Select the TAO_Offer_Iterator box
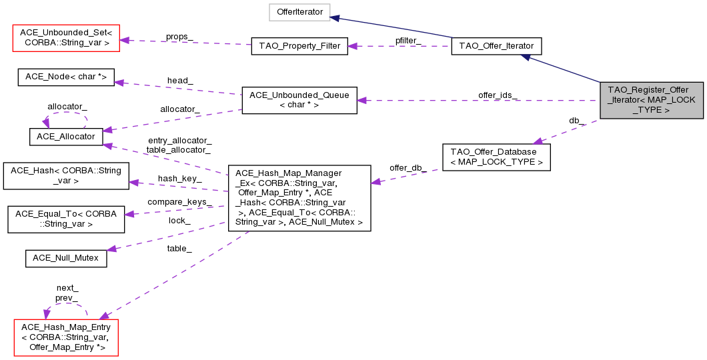496,46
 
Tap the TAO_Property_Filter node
299,47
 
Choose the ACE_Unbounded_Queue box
299,100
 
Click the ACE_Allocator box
65,136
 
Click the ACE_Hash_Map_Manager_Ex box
299,199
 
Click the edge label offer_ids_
497,95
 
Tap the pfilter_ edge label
408,41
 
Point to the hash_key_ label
179,178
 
